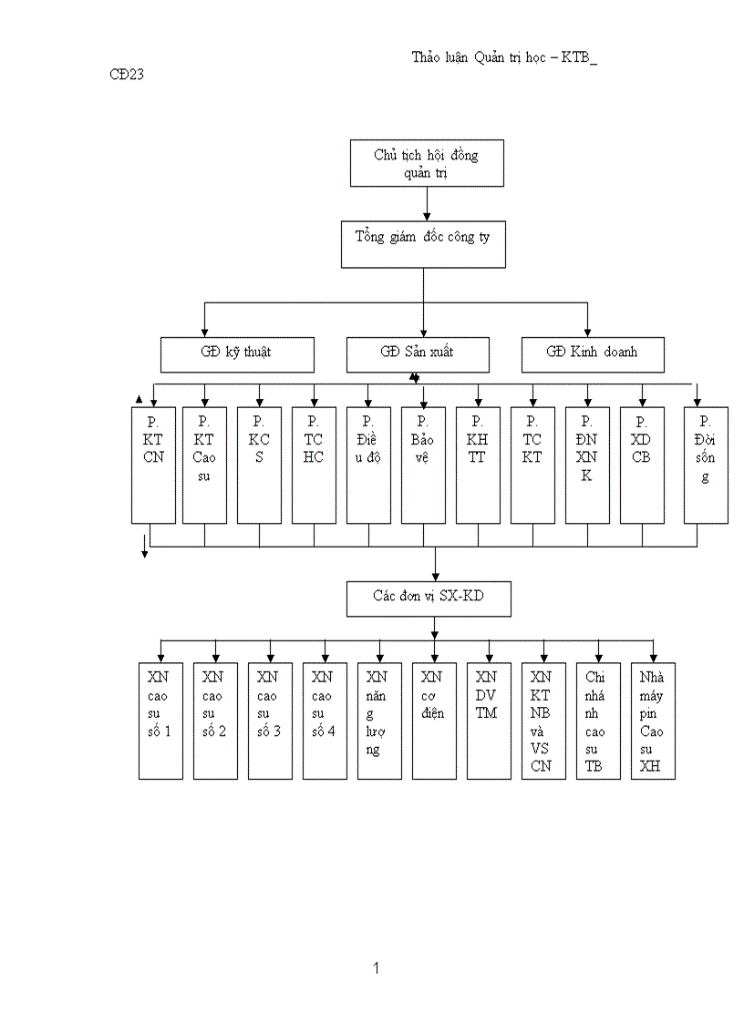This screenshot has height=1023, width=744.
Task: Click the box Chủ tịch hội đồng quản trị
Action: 427,163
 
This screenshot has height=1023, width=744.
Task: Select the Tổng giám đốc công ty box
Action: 423,244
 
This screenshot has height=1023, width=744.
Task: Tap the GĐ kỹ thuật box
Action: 237,354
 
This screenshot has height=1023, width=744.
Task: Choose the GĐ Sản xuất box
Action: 418,354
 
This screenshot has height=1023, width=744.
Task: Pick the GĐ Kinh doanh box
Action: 593,354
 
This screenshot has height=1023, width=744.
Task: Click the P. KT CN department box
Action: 153,465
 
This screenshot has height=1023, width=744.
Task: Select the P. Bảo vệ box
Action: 423,465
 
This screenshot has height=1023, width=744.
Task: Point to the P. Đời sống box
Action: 706,465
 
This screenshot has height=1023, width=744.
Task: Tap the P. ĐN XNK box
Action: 587,465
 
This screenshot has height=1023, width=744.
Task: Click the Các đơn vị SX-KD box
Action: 429,598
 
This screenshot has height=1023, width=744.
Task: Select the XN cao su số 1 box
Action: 160,721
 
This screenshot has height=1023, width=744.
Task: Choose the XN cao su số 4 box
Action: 325,721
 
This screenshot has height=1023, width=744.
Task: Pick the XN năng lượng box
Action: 379,721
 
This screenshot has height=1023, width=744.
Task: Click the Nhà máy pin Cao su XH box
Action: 653,721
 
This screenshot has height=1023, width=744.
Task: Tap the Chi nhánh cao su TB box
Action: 598,721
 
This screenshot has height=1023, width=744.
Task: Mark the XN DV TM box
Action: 489,721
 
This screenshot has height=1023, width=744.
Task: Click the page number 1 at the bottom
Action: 376,968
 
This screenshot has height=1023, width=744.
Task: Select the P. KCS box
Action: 259,465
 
